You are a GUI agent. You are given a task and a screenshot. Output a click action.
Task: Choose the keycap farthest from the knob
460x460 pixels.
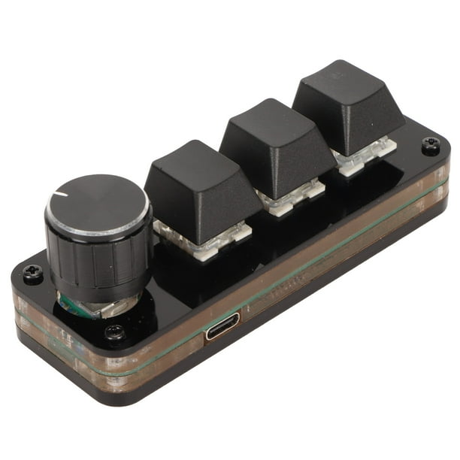347,105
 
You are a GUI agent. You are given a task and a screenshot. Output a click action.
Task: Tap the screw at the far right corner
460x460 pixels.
431,146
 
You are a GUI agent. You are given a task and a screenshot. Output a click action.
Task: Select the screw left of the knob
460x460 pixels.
32,274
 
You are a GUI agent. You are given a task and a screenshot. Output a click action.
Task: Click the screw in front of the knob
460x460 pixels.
115,332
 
